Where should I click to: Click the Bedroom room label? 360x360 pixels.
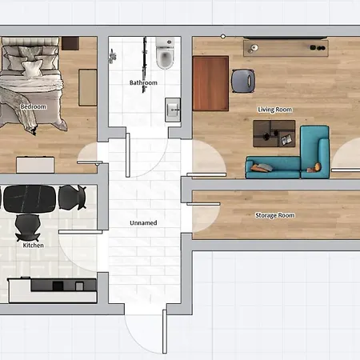[34, 106]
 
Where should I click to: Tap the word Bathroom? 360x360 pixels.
[143, 82]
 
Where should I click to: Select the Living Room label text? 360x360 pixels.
[274, 110]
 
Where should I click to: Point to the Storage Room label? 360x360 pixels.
[275, 215]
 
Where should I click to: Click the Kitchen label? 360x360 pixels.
[34, 246]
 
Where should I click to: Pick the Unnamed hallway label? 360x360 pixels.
[143, 223]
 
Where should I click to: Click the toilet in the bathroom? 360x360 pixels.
[165, 53]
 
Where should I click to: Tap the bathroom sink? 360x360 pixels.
[173, 110]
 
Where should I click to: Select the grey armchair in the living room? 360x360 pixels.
[243, 81]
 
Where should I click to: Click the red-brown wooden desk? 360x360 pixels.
[210, 83]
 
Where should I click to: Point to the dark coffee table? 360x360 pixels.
[274, 134]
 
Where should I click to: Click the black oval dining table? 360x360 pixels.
[30, 199]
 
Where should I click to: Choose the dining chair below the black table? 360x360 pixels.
[28, 227]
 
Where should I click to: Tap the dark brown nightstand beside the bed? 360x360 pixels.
[70, 43]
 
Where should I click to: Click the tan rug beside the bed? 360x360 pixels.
[87, 87]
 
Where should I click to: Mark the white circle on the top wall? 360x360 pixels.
[223, 36]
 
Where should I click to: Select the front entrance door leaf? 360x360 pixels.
[165, 331]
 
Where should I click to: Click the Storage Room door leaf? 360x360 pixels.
[203, 204]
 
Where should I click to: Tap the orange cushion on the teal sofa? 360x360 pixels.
[318, 166]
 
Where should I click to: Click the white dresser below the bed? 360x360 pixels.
[35, 165]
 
